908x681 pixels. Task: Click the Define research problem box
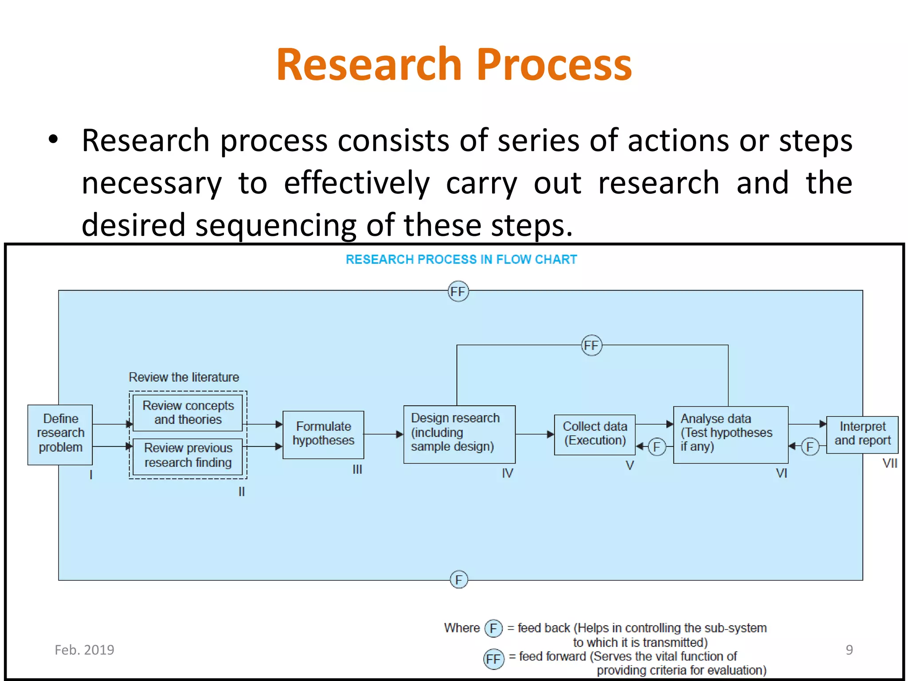coord(60,434)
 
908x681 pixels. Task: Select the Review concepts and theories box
coord(188,413)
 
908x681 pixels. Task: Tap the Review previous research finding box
coord(188,456)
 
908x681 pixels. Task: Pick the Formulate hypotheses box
coord(323,434)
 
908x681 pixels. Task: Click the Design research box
coord(459,434)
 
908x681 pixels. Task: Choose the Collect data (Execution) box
coord(595,434)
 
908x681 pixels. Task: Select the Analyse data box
coord(730,434)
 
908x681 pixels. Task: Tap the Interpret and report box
coord(862,434)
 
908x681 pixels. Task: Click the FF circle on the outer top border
coord(458,291)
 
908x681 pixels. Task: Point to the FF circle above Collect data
coord(591,345)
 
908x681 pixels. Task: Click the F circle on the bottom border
coord(458,579)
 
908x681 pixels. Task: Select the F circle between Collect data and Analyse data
coord(657,446)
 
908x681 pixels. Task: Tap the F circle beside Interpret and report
coord(810,446)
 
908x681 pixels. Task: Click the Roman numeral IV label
coord(507,473)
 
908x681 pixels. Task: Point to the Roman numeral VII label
coord(889,463)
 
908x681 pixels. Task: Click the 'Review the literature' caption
coord(184,377)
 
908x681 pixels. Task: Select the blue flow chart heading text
coord(461,259)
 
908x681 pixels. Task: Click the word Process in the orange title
coord(554,65)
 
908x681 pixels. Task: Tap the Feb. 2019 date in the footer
coord(84,650)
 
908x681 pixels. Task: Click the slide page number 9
coord(849,650)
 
